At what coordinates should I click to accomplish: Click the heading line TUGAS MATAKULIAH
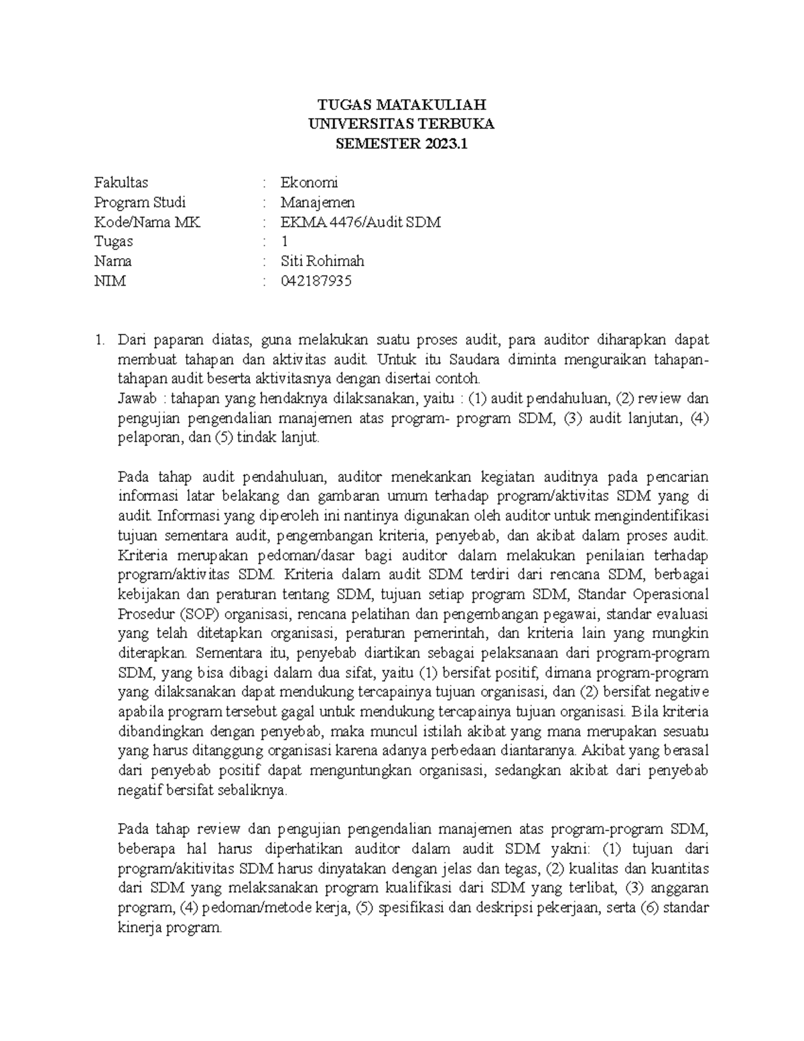point(401,105)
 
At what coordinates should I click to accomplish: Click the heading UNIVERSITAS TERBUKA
point(401,124)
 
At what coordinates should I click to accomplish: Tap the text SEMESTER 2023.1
point(401,143)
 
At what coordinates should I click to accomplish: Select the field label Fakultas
point(121,182)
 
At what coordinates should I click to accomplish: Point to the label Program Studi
point(140,202)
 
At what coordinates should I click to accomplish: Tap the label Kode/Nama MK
point(147,222)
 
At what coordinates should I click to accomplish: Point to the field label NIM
point(110,281)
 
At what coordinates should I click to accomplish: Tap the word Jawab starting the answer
point(136,399)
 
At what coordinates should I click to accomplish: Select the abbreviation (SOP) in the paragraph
point(199,614)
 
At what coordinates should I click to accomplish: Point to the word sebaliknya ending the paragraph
point(253,790)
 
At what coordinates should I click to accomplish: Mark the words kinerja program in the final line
point(169,928)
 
